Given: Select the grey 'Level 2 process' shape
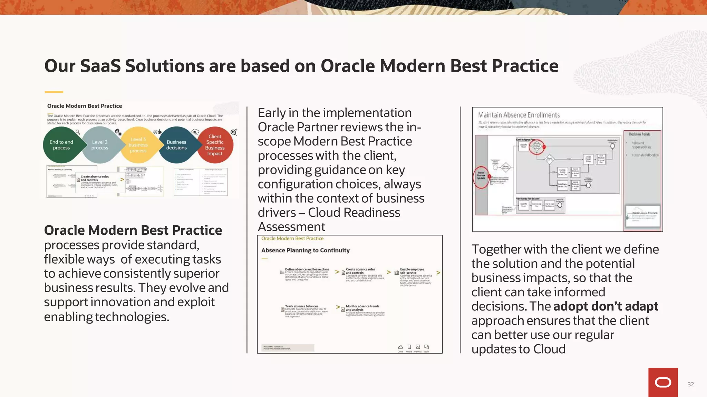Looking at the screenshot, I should coord(100,145).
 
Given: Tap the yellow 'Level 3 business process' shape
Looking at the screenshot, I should coord(138,145).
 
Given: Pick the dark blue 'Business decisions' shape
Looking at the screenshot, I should coord(176,145).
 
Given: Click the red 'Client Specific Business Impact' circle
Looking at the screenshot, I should coord(215,145).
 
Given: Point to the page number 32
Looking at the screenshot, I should coord(690,384).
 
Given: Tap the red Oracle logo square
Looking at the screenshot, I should coord(663,382).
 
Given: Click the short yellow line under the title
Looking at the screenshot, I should coord(54,92).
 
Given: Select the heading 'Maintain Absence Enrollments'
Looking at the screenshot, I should coord(519,115).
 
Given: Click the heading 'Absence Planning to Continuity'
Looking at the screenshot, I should coord(305,251).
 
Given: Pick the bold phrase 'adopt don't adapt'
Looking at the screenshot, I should coord(606,306).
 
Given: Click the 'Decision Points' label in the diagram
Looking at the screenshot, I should coord(639,134).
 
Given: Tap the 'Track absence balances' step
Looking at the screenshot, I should coord(301,306).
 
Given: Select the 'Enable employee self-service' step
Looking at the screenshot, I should coord(412,271).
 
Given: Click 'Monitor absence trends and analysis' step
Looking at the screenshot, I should coord(362,308).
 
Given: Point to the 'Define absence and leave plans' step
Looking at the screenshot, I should coord(307,269).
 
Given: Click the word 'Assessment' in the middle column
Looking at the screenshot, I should coord(291,227).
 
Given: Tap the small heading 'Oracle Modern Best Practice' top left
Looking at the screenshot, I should coord(85,106).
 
